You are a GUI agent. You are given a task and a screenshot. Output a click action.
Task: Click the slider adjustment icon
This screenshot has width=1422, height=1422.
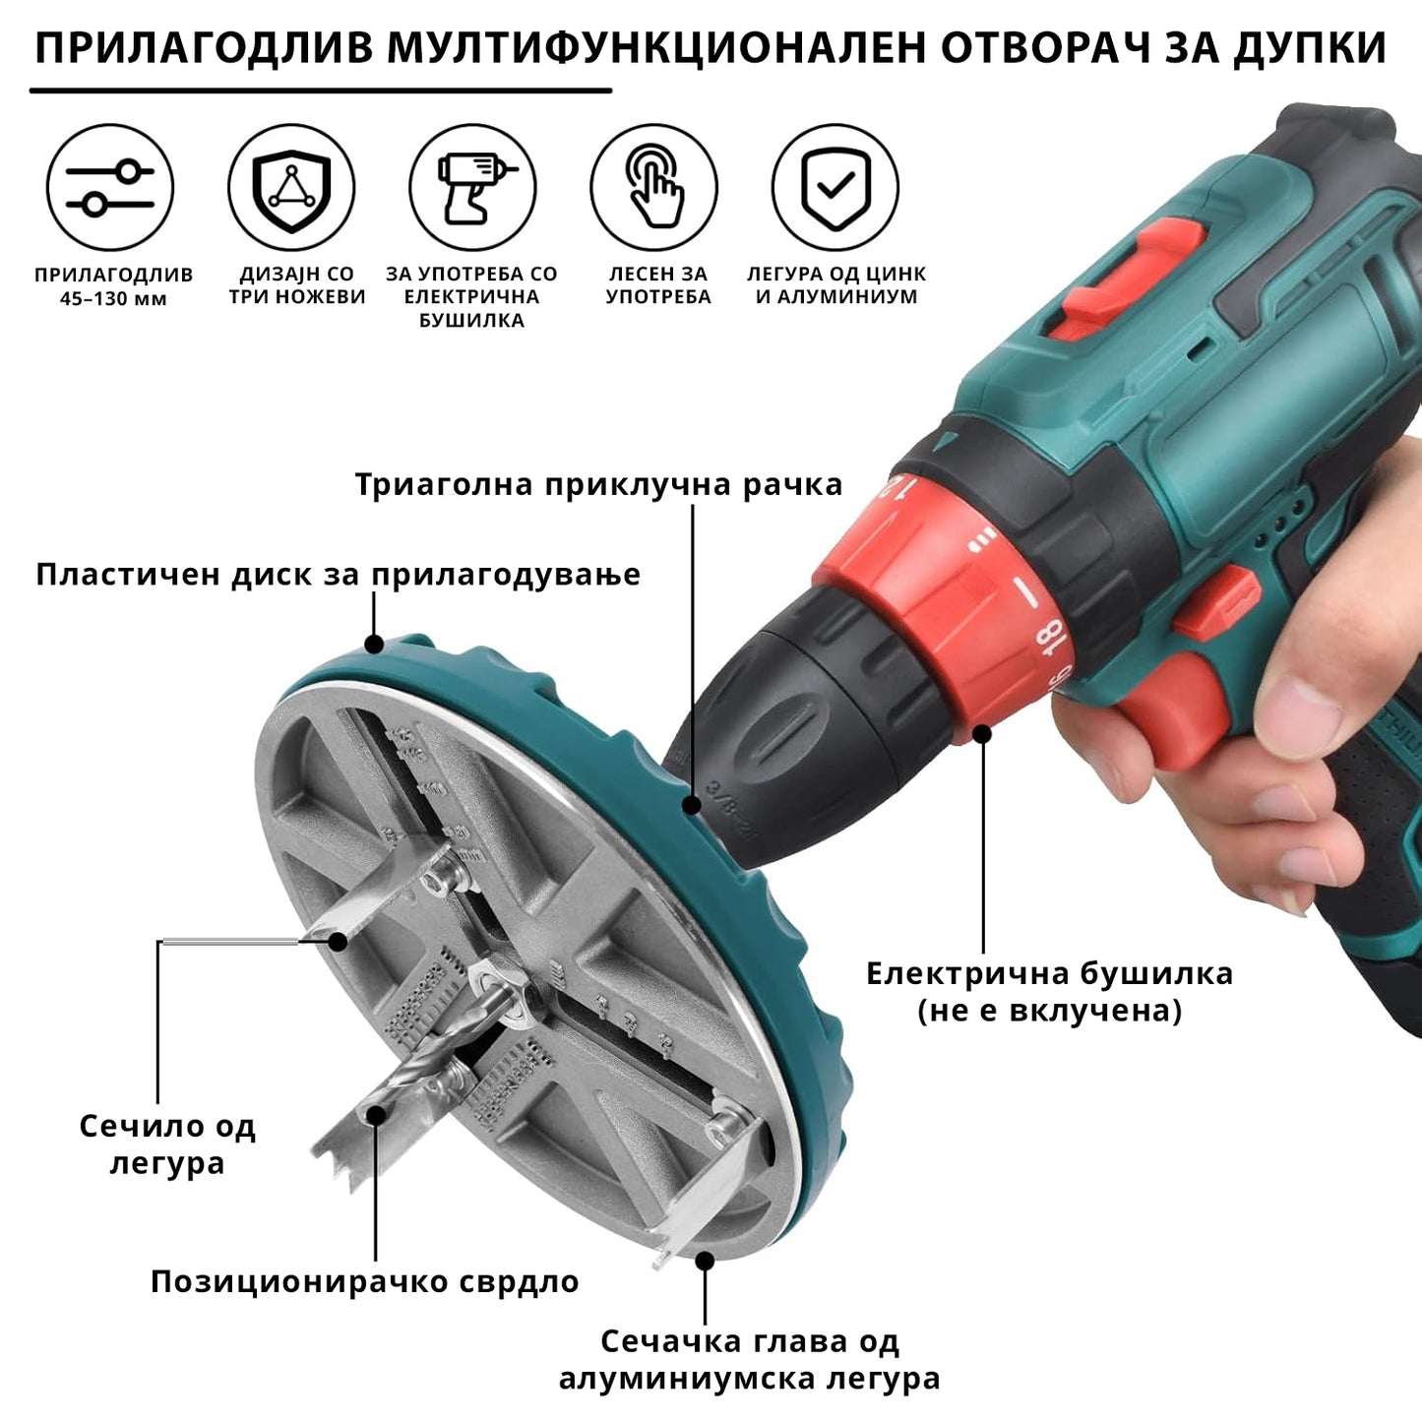point(110,187)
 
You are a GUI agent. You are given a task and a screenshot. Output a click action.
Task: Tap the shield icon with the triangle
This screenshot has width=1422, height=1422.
point(291,187)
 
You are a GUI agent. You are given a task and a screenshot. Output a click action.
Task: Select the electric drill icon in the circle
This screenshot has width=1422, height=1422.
point(473,187)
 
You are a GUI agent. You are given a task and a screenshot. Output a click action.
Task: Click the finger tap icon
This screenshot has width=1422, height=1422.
point(654,187)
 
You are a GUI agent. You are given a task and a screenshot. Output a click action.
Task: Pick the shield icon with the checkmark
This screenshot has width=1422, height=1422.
point(835,187)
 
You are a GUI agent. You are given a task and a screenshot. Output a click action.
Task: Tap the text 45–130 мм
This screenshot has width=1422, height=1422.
point(113,299)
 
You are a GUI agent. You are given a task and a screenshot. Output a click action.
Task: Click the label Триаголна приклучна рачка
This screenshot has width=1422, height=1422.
point(598,485)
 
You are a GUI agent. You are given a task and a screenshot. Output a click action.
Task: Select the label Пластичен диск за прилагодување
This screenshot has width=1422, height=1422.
point(338,575)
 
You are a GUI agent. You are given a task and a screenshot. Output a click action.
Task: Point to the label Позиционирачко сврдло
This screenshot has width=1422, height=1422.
point(364,1281)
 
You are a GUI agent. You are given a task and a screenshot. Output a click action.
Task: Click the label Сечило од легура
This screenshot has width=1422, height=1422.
point(167,1144)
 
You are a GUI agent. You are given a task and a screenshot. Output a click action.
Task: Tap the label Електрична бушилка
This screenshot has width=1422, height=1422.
point(1049,974)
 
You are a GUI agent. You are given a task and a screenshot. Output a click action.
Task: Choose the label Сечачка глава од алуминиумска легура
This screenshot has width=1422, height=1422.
point(749,1359)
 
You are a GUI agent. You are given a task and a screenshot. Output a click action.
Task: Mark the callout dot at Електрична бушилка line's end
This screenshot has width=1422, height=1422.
point(982,733)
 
